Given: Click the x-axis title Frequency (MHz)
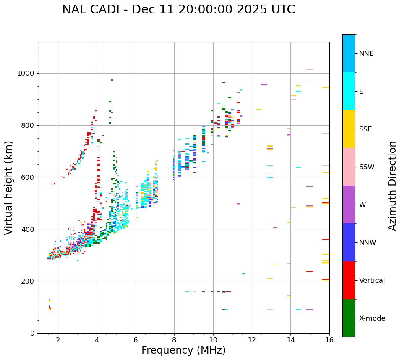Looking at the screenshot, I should [x=183, y=350].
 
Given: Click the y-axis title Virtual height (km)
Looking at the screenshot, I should [x=9, y=187].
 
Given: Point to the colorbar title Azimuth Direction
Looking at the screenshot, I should [x=392, y=186].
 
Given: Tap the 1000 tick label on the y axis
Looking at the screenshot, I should [x=26, y=74].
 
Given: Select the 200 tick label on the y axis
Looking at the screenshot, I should [x=28, y=281].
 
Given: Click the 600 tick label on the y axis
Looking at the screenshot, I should [x=28, y=177].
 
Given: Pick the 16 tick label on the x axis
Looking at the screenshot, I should [x=329, y=340].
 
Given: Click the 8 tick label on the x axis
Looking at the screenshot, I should [x=174, y=340].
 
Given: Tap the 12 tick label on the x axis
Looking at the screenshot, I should [x=252, y=340].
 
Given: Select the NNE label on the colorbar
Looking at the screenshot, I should [x=366, y=54].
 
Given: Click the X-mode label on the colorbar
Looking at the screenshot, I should [x=372, y=318].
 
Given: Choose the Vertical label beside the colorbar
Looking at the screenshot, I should [x=372, y=281].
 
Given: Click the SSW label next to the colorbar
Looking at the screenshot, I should [x=367, y=167].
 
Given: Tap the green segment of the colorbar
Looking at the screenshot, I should [x=349, y=318].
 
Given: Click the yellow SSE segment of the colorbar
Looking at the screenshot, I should [x=349, y=129].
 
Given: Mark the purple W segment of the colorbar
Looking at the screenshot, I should [x=349, y=205].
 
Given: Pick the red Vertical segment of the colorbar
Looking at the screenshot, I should [x=349, y=280].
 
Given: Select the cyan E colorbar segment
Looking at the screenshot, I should [x=349, y=91].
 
